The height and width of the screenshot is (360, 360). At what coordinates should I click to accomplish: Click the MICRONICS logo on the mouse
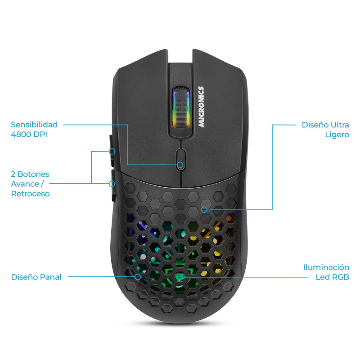pyautogui.click(x=201, y=107)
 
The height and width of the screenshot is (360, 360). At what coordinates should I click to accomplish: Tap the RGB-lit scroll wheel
pyautogui.click(x=181, y=107)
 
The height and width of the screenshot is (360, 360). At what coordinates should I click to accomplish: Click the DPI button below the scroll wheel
pyautogui.click(x=181, y=159)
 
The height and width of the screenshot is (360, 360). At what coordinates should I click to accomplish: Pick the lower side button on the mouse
pyautogui.click(x=113, y=185)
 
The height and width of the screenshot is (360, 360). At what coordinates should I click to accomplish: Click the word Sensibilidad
pyautogui.click(x=34, y=125)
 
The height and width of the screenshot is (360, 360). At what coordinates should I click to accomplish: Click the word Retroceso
pyautogui.click(x=30, y=194)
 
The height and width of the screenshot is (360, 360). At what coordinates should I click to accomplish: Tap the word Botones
pyautogui.click(x=33, y=174)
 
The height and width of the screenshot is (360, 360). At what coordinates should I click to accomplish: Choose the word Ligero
pyautogui.click(x=337, y=135)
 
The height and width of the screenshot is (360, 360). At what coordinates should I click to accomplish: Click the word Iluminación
pyautogui.click(x=326, y=267)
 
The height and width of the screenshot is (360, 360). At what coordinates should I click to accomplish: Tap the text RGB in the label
pyautogui.click(x=341, y=277)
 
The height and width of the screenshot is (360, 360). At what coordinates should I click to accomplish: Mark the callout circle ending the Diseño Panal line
pyautogui.click(x=138, y=277)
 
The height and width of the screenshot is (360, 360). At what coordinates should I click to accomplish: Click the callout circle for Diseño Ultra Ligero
pyautogui.click(x=204, y=209)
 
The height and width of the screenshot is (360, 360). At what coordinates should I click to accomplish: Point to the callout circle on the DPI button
pyautogui.click(x=180, y=165)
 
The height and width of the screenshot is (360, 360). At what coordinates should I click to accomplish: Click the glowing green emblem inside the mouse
pyautogui.click(x=179, y=277)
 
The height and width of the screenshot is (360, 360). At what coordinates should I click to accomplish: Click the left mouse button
pyautogui.click(x=142, y=110)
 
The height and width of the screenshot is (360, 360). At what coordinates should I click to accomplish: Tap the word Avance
pyautogui.click(x=25, y=184)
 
